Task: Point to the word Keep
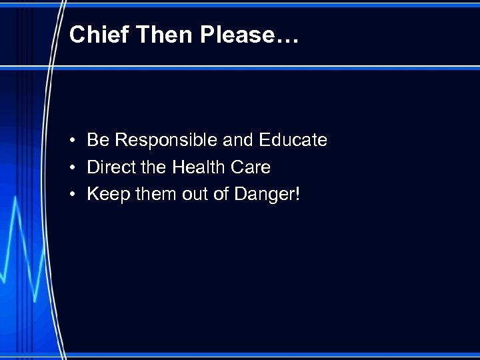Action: point(107,194)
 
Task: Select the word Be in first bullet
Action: point(97,140)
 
